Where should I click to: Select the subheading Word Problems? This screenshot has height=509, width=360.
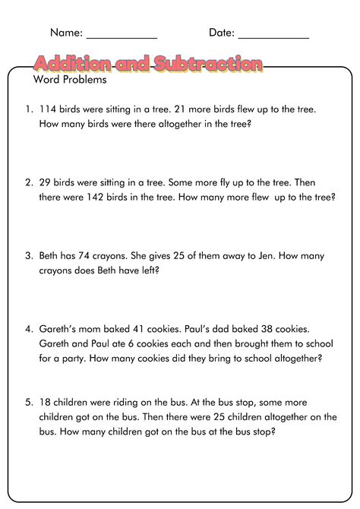pyautogui.click(x=70, y=80)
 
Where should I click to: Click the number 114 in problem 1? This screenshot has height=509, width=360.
pyautogui.click(x=48, y=109)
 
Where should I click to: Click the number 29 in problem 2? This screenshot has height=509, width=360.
pyautogui.click(x=45, y=182)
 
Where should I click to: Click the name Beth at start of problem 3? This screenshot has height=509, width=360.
pyautogui.click(x=49, y=256)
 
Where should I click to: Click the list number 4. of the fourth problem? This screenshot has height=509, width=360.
pyautogui.click(x=28, y=330)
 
